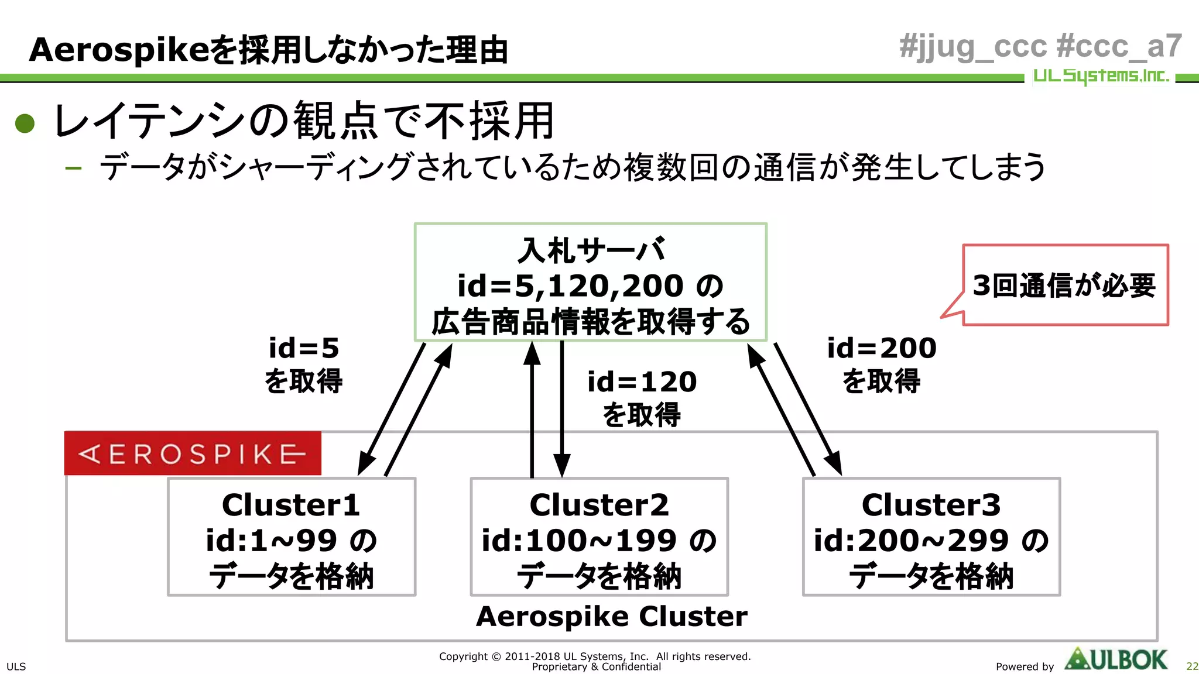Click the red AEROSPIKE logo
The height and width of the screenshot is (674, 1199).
(193, 453)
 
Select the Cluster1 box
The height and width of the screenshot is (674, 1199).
(292, 537)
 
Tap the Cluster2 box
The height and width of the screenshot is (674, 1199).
(599, 537)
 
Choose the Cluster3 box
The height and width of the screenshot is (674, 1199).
(931, 537)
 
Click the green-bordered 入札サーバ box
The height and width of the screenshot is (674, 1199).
(590, 283)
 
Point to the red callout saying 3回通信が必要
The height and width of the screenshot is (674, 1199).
(1064, 285)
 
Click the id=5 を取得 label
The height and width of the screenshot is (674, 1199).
(303, 364)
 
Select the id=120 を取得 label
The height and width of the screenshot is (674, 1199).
(642, 398)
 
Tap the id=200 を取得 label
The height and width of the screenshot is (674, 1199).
(881, 364)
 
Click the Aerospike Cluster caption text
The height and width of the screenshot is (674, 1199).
(611, 617)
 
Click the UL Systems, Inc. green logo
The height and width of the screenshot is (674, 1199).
(1101, 76)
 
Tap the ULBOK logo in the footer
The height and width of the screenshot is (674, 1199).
(1116, 659)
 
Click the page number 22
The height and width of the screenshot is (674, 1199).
(1191, 666)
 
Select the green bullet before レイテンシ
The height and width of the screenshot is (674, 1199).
(25, 123)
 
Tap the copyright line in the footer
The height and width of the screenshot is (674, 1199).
(595, 656)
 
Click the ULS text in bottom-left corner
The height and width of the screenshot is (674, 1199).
(16, 666)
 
